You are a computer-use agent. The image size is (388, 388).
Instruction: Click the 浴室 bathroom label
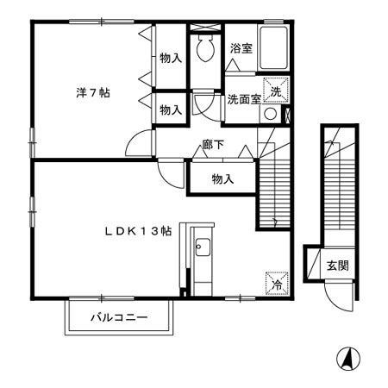click(x=241, y=49)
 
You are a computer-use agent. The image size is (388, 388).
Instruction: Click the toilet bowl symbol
click(x=204, y=51)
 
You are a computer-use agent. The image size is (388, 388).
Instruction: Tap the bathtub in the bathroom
click(x=275, y=51)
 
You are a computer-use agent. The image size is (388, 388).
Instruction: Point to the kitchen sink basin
click(x=203, y=251)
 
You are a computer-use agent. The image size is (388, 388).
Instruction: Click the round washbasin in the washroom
click(x=271, y=113)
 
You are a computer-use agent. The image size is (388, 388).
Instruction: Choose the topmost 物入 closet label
click(x=171, y=58)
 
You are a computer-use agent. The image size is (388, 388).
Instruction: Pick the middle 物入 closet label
click(x=171, y=110)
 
